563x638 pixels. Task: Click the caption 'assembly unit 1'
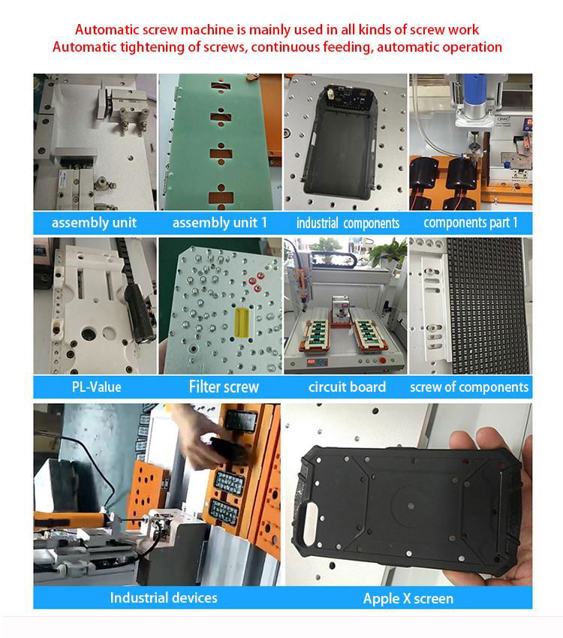[x=219, y=223]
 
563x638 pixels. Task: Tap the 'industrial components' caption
[x=348, y=223]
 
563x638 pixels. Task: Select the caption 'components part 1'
[x=471, y=222]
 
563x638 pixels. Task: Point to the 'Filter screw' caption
[x=223, y=387]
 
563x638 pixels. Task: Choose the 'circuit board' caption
[x=347, y=387]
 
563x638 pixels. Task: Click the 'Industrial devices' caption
[x=163, y=597]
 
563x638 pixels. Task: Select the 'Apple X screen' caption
[x=408, y=598]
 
